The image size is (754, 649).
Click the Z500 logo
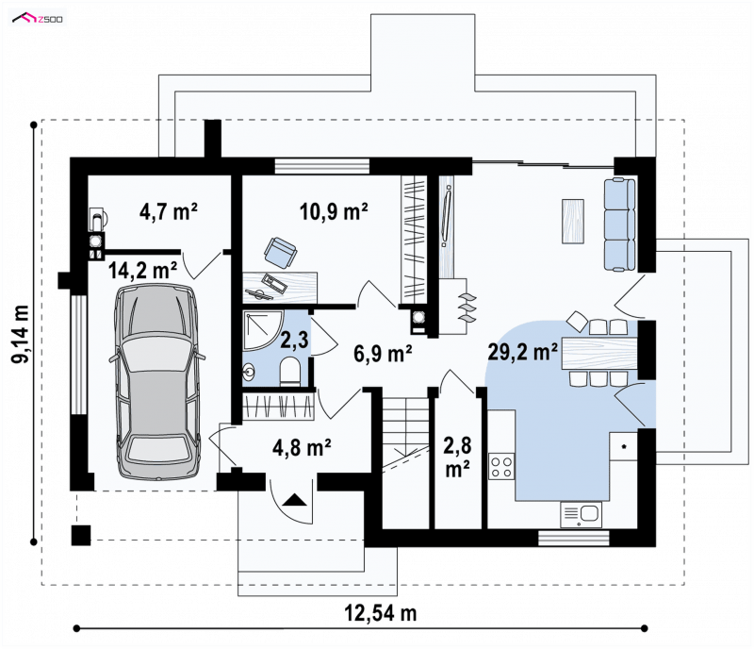click(38, 18)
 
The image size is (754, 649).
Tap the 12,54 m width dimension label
click(381, 613)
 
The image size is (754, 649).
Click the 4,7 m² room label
click(169, 211)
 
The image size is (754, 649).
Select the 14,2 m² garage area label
click(142, 270)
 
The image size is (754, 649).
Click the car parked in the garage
click(156, 381)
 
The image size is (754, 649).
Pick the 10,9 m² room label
click(334, 211)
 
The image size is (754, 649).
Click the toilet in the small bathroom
click(290, 371)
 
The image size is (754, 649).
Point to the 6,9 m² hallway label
click(383, 354)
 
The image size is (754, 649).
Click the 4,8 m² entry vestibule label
click(302, 448)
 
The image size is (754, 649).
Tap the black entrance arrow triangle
click(294, 500)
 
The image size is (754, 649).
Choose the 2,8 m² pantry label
click(457, 456)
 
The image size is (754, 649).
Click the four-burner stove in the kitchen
click(501, 466)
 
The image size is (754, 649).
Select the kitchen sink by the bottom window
click(581, 514)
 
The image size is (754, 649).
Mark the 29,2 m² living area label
click(523, 352)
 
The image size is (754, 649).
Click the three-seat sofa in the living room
click(620, 224)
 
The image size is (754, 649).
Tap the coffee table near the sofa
click(573, 222)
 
